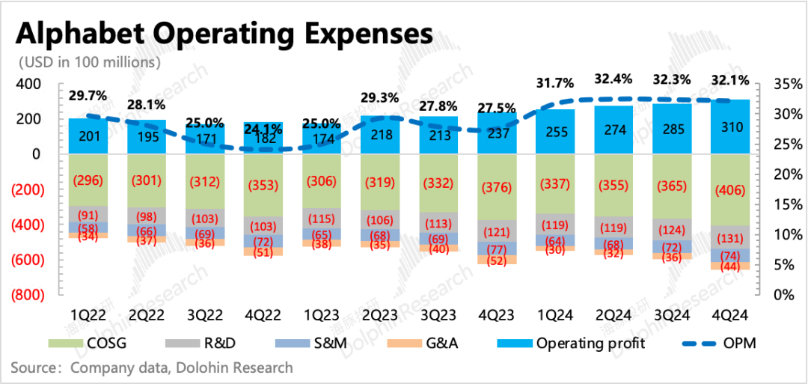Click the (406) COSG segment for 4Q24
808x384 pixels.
click(730, 189)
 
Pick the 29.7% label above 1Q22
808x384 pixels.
click(88, 96)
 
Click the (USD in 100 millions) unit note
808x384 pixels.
click(90, 62)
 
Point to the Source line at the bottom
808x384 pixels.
click(152, 368)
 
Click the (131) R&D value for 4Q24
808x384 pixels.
click(730, 238)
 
